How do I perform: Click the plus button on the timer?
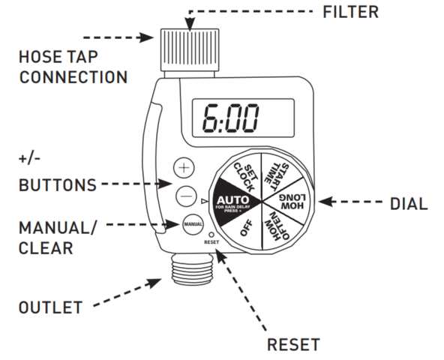point(184,168)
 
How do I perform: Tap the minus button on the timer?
point(186,196)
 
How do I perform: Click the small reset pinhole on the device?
point(211,235)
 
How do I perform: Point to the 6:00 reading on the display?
point(230,118)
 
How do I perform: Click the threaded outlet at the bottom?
point(193,269)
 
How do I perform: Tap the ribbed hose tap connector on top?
point(190,49)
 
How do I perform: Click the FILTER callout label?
point(350,12)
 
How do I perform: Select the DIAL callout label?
point(409,204)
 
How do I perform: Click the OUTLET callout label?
point(50,307)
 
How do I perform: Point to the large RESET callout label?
point(293,345)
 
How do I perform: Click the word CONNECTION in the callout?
point(73,77)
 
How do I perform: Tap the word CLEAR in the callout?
point(46,248)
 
